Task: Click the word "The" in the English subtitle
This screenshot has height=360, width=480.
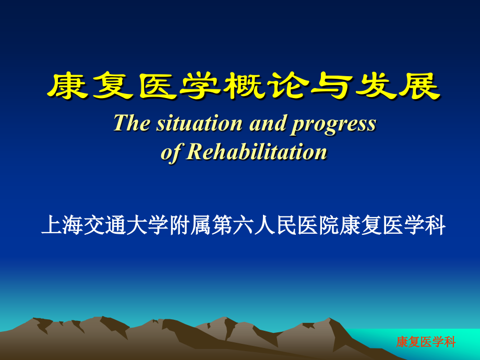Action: click(131, 123)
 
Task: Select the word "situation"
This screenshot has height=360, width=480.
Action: click(199, 123)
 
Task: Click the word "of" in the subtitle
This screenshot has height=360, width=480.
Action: click(171, 152)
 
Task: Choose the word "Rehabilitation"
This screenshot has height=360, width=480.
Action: click(257, 151)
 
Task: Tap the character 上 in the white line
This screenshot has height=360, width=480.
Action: click(52, 225)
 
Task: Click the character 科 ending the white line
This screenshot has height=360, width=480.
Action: click(435, 225)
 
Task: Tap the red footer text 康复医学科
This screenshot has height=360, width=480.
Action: click(426, 342)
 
